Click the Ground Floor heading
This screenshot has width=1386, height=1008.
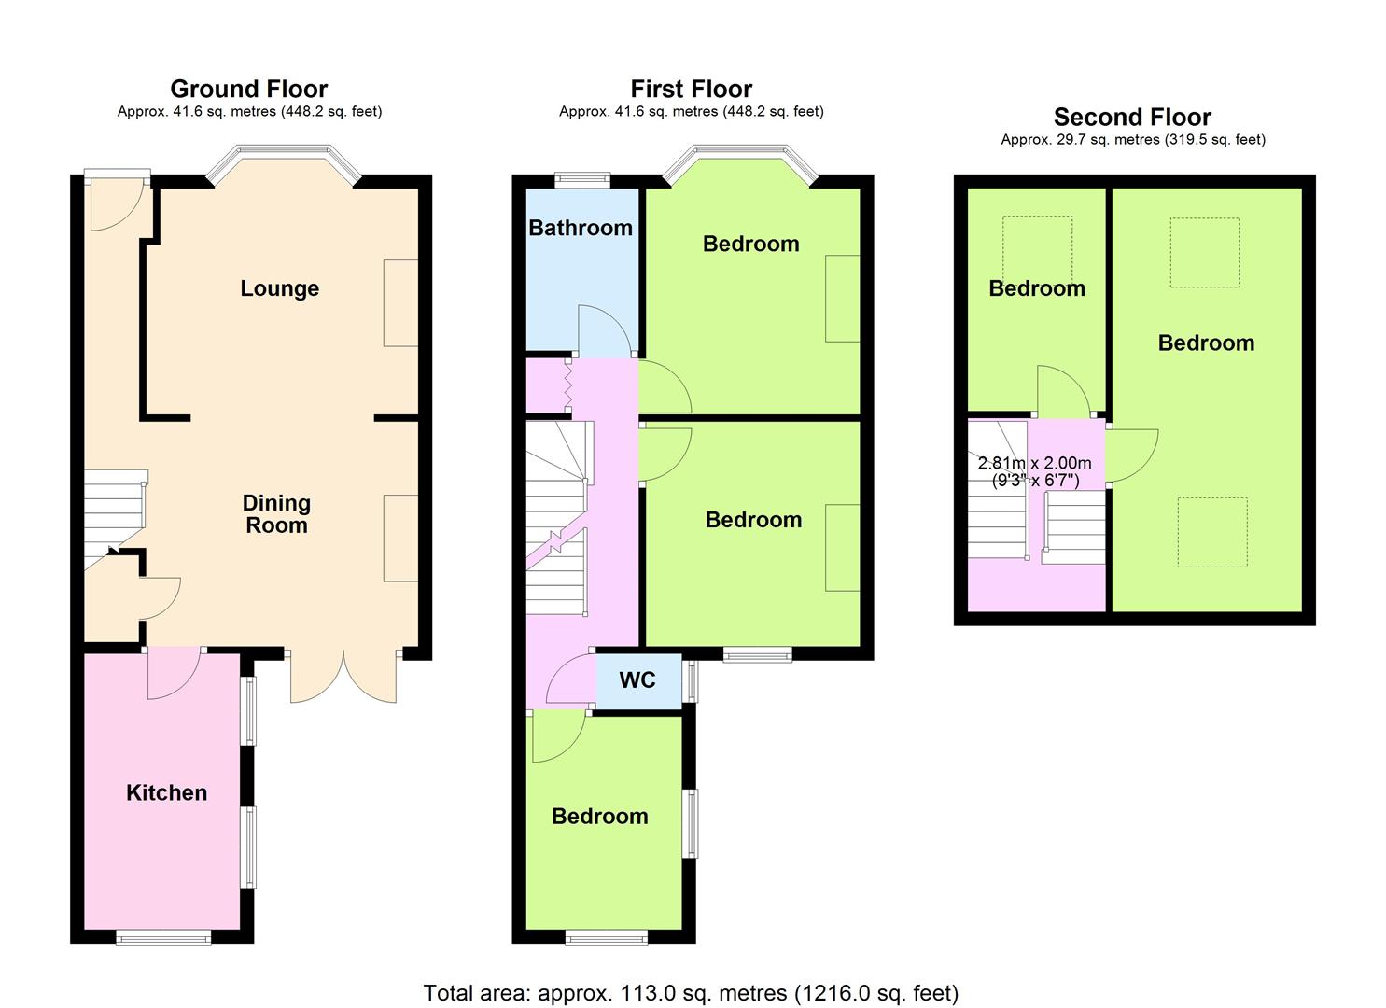click(249, 89)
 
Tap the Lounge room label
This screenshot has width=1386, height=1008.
click(280, 288)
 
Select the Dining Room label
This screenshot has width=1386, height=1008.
click(276, 514)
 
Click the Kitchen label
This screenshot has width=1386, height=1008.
click(166, 792)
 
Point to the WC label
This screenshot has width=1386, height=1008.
click(637, 680)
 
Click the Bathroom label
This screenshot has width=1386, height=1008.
click(581, 228)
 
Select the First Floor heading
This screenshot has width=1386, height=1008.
click(692, 89)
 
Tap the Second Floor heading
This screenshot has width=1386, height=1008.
click(1132, 117)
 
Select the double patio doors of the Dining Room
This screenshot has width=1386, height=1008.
click(344, 678)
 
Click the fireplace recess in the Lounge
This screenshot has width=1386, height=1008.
click(401, 303)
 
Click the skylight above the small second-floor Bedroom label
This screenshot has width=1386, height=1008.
click(1038, 251)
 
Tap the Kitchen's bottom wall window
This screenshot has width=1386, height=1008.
click(164, 938)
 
